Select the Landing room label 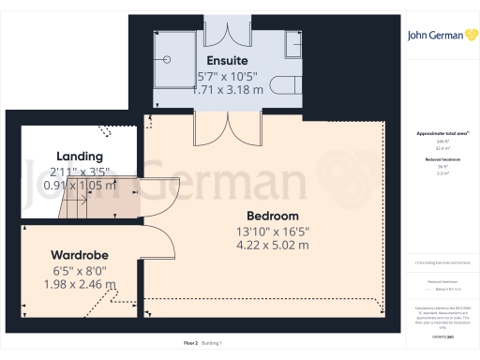click(x=79, y=156)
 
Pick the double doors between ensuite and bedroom click(x=212, y=127)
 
